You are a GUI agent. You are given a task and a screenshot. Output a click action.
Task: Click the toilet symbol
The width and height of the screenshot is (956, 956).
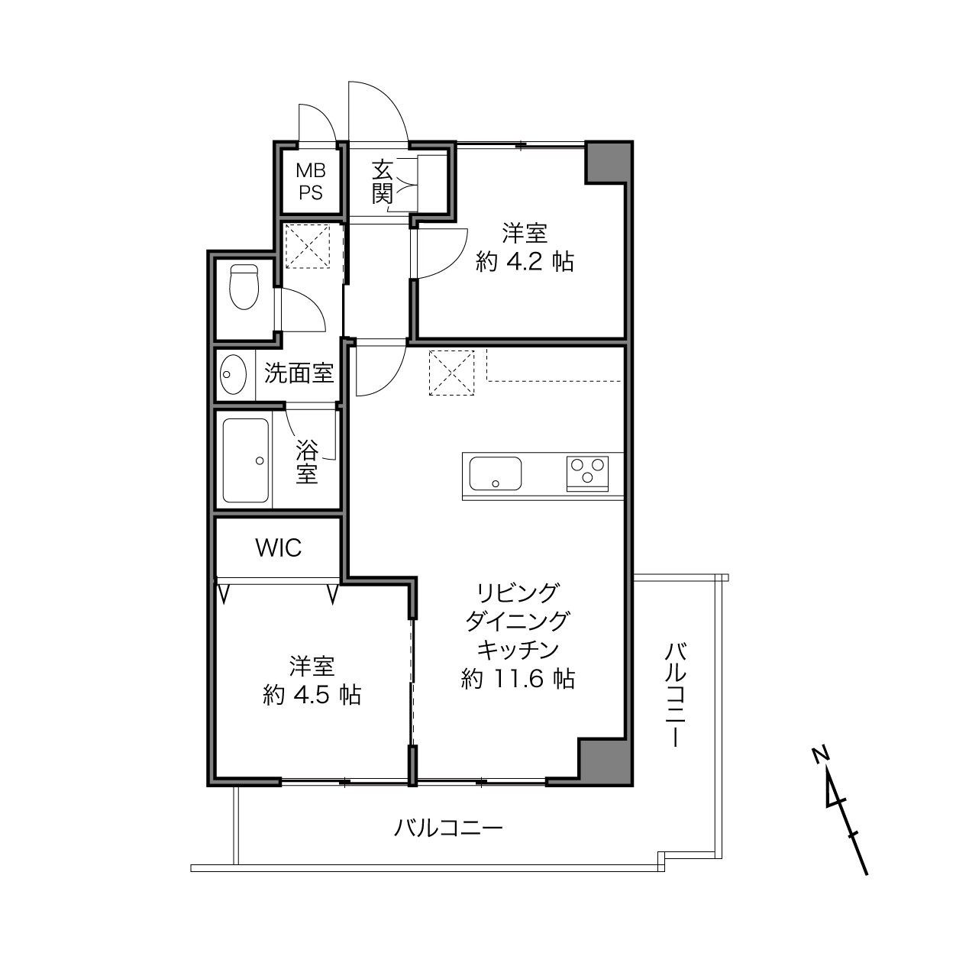[x=244, y=287]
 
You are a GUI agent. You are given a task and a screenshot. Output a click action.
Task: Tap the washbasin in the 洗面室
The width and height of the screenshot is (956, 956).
[x=233, y=374]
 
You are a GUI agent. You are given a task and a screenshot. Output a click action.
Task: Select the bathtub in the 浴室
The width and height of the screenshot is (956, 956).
[x=246, y=460]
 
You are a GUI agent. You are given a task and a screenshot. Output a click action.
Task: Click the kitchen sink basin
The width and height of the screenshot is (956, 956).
[x=495, y=473]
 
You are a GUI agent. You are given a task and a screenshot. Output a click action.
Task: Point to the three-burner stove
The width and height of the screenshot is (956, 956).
[x=587, y=473]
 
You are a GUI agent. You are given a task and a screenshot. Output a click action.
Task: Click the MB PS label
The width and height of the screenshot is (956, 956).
[x=311, y=182]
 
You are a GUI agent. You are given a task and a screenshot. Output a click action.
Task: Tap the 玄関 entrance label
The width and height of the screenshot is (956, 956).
[x=383, y=182]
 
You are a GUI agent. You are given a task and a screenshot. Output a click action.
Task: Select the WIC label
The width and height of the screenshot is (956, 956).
[x=278, y=548]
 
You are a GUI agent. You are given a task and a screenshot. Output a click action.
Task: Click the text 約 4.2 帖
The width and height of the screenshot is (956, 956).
[x=525, y=261]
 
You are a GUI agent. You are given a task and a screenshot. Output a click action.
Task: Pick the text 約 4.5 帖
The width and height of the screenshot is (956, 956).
[x=312, y=695]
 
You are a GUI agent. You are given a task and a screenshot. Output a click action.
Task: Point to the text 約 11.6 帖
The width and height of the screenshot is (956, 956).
[x=518, y=679]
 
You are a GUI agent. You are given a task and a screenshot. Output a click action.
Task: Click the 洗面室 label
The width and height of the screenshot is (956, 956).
[x=299, y=373]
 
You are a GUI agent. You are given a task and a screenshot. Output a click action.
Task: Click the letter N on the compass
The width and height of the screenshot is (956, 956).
[x=821, y=754]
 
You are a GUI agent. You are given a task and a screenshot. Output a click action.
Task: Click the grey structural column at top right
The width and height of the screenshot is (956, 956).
[x=608, y=163]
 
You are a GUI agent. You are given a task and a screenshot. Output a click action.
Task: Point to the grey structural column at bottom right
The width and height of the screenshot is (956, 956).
[x=605, y=763]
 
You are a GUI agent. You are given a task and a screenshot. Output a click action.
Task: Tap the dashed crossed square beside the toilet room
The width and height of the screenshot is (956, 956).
[x=308, y=247]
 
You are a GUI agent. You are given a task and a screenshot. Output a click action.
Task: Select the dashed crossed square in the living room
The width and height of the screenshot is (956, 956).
[x=451, y=373]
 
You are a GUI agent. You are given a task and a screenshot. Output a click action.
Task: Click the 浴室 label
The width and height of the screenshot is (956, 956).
[x=307, y=461]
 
